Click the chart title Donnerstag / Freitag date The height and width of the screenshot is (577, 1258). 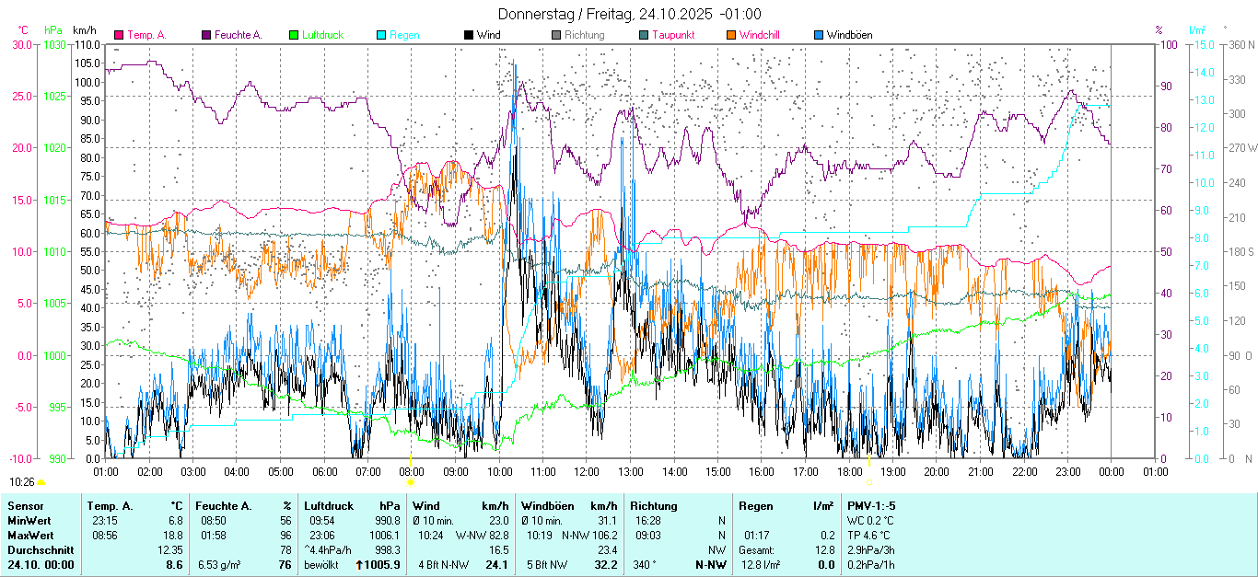click(630, 14)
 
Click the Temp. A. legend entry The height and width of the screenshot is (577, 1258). click(146, 35)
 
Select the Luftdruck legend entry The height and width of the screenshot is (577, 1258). click(322, 35)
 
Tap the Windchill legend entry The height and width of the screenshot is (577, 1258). click(759, 35)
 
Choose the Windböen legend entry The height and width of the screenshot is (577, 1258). click(849, 35)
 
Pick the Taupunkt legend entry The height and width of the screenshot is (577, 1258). click(673, 35)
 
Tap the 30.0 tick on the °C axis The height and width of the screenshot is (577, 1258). click(21, 44)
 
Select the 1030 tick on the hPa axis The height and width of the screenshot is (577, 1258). click(55, 44)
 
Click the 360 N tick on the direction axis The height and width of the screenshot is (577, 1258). click(1243, 44)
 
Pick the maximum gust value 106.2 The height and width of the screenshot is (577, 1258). click(604, 535)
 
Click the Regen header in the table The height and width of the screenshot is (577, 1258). click(755, 505)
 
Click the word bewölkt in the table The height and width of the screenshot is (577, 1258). click(320, 564)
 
